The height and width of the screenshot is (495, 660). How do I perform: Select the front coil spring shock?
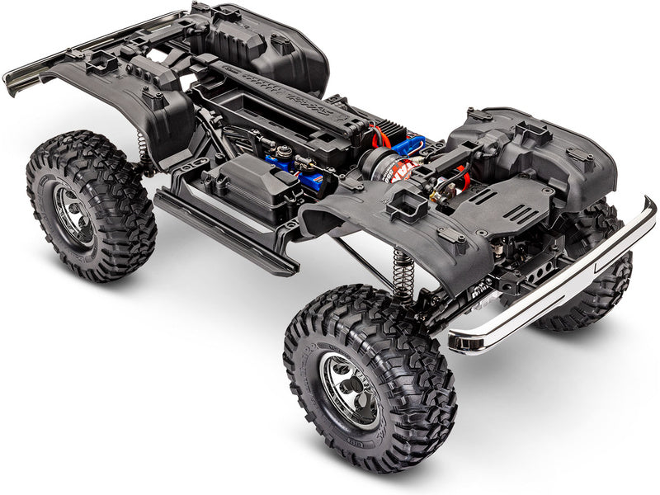402,273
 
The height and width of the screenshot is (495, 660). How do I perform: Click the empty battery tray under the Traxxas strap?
247,107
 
